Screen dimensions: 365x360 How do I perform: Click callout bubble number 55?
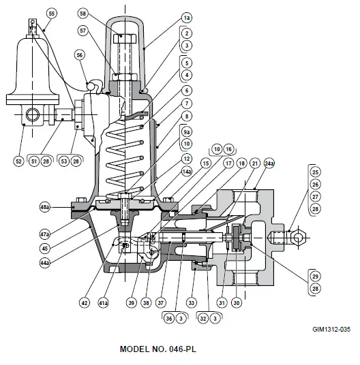click(x=52, y=13)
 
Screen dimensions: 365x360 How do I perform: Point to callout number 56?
click(x=80, y=57)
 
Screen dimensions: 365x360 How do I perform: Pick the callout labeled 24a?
click(x=269, y=164)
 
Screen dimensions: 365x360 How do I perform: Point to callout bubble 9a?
click(x=186, y=131)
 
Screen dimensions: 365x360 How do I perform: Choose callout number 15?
click(x=205, y=164)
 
